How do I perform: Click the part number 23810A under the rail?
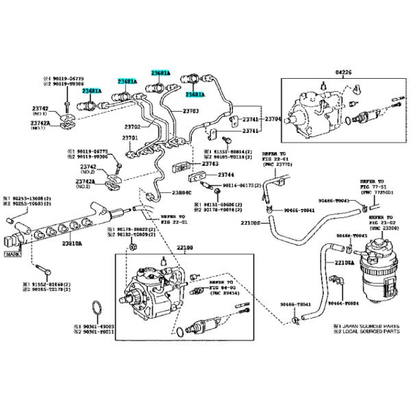(72, 242)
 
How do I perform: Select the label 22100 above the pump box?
(166, 247)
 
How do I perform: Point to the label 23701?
(130, 138)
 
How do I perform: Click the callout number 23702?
(132, 126)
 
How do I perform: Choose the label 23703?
(191, 110)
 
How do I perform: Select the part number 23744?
(226, 175)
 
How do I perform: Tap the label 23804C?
(182, 193)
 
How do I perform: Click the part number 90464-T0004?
(343, 302)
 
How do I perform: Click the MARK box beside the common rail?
(12, 254)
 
